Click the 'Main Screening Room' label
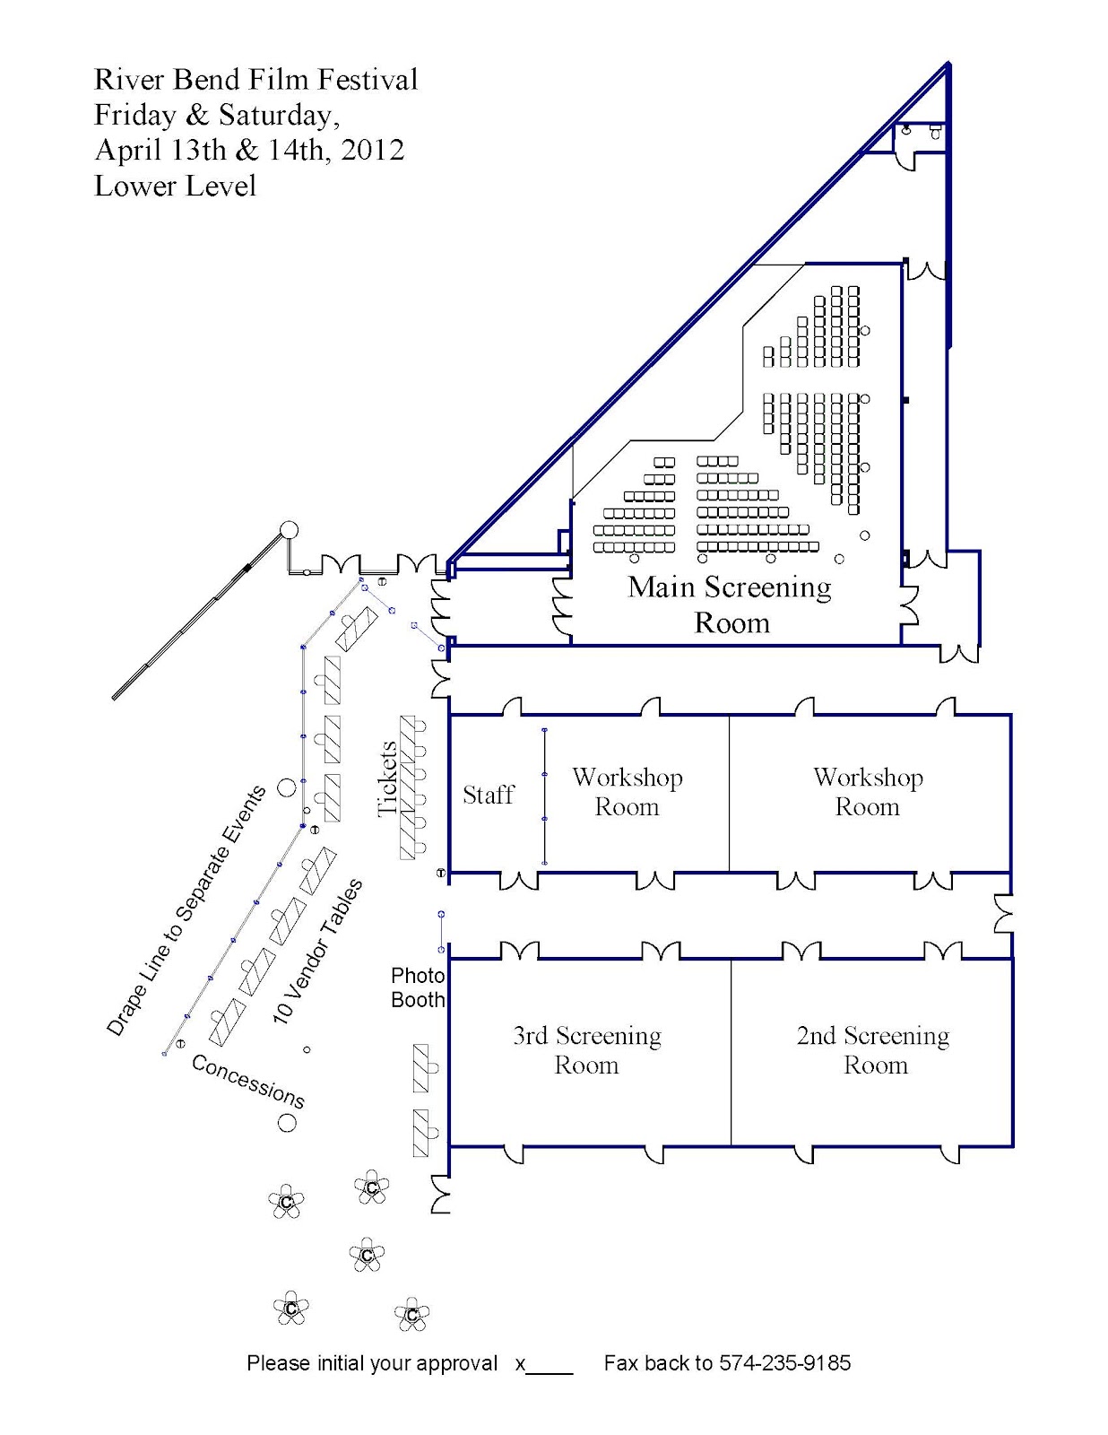point(729,604)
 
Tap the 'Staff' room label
point(488,795)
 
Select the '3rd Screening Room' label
point(586,1050)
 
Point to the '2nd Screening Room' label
point(873,1050)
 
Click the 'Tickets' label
point(387,778)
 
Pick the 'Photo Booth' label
point(418,987)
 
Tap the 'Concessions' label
point(248,1081)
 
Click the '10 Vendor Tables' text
point(317,952)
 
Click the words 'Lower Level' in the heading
point(175,186)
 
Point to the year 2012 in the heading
point(373,150)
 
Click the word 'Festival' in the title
point(368,79)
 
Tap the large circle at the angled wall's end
point(289,530)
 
